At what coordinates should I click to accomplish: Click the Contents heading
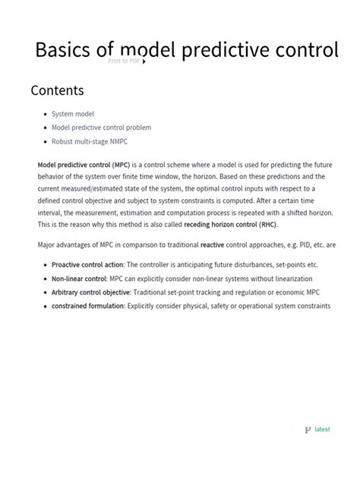click(57, 90)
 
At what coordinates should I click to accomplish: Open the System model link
click(74, 114)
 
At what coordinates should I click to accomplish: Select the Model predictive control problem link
click(101, 128)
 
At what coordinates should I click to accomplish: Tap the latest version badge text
click(322, 429)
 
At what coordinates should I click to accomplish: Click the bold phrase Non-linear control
click(78, 278)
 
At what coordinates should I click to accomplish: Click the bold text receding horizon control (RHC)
click(230, 225)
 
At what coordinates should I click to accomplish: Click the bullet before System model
click(46, 114)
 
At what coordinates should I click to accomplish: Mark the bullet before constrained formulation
click(46, 305)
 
